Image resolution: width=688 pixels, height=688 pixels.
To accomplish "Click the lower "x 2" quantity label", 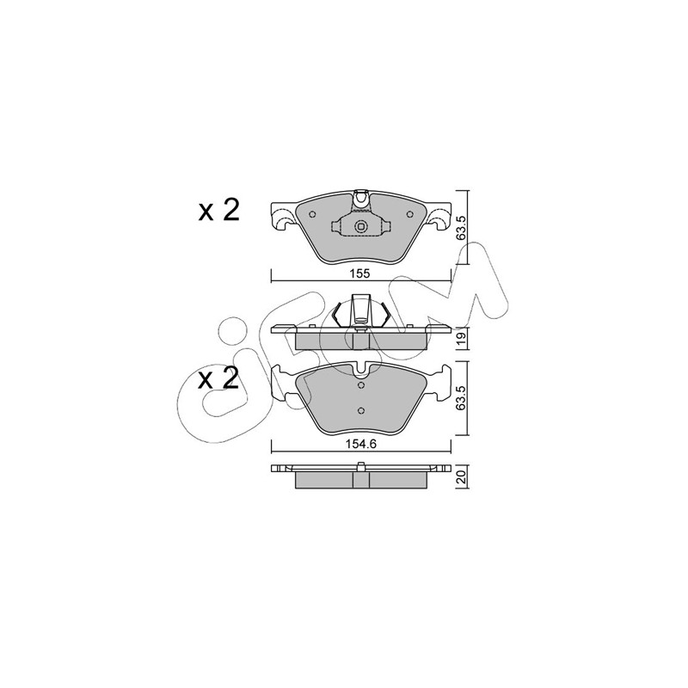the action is tap(218, 378).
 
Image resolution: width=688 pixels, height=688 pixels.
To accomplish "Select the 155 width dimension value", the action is tap(360, 273).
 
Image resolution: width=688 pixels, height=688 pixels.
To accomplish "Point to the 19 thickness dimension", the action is tap(461, 338).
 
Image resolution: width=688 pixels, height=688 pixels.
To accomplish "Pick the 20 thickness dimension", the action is tap(461, 476).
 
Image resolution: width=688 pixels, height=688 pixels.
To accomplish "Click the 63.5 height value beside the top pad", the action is tap(461, 227).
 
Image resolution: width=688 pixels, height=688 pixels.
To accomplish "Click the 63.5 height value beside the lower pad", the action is tap(461, 397).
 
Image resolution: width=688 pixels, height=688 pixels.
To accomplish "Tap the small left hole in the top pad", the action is tap(312, 214).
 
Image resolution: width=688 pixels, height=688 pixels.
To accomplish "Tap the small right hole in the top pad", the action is tap(410, 214).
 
